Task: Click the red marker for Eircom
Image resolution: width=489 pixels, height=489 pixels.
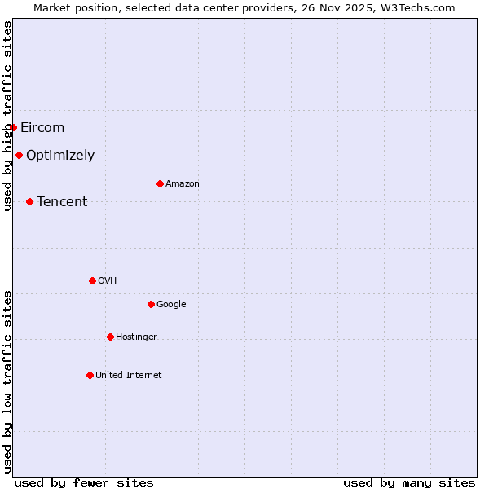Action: tap(13, 127)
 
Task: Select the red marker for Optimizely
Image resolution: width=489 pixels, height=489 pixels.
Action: tap(19, 155)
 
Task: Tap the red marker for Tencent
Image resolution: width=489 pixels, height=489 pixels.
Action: tap(29, 201)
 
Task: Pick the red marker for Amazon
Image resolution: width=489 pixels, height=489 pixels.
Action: tap(160, 183)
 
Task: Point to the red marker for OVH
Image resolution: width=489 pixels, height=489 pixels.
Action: tap(92, 280)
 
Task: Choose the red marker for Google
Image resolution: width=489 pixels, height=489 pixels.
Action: tap(151, 304)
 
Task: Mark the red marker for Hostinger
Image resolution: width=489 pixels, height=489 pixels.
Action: tap(110, 337)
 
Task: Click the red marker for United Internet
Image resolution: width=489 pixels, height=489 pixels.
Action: tap(90, 375)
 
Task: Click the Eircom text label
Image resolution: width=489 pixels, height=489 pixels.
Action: tap(42, 127)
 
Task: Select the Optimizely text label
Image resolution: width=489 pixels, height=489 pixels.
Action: tap(60, 156)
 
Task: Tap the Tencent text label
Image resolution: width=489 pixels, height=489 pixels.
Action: tap(62, 202)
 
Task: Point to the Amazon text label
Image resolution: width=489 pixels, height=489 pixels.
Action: tap(183, 184)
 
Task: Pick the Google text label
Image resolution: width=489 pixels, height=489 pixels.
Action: tap(171, 305)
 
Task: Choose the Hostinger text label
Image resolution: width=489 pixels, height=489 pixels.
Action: tap(136, 337)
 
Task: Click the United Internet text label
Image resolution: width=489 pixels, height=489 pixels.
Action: tap(128, 376)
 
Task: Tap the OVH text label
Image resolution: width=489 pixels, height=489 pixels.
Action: tap(107, 281)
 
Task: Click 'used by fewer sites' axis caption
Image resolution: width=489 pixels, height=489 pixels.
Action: tap(84, 482)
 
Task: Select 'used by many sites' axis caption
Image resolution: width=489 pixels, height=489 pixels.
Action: tap(409, 482)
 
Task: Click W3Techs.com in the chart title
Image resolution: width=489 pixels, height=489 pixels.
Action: tap(421, 7)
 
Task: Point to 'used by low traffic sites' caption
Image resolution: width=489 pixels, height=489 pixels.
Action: tap(7, 381)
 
